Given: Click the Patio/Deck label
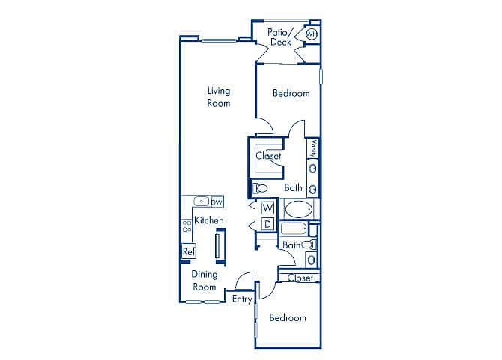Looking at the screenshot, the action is point(280,37).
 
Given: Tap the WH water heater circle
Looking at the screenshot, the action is point(312,34).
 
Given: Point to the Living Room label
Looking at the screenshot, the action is point(219,97).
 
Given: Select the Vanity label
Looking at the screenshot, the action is point(313,148).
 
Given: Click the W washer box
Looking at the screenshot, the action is point(267,208).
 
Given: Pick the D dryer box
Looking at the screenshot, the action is point(267,224).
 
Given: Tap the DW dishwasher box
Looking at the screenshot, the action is point(217,202).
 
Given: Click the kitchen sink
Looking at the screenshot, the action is point(202,202).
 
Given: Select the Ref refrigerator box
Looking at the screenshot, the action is point(189,251).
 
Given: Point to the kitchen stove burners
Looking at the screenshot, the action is point(187,226).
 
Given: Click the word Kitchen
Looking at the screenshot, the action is point(209,220).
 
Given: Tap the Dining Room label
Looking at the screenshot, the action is point(205,280).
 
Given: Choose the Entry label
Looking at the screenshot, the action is point(242,298).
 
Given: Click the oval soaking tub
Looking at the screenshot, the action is point(299,210).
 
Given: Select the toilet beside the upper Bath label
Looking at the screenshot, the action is point(260,188).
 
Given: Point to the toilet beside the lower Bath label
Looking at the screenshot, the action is point(308,244).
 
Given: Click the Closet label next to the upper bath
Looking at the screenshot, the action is point(268,156).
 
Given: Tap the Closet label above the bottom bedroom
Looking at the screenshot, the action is point(300,277).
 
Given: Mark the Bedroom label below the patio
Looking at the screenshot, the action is point(291,93).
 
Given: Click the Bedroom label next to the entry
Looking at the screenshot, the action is point(288,317).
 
